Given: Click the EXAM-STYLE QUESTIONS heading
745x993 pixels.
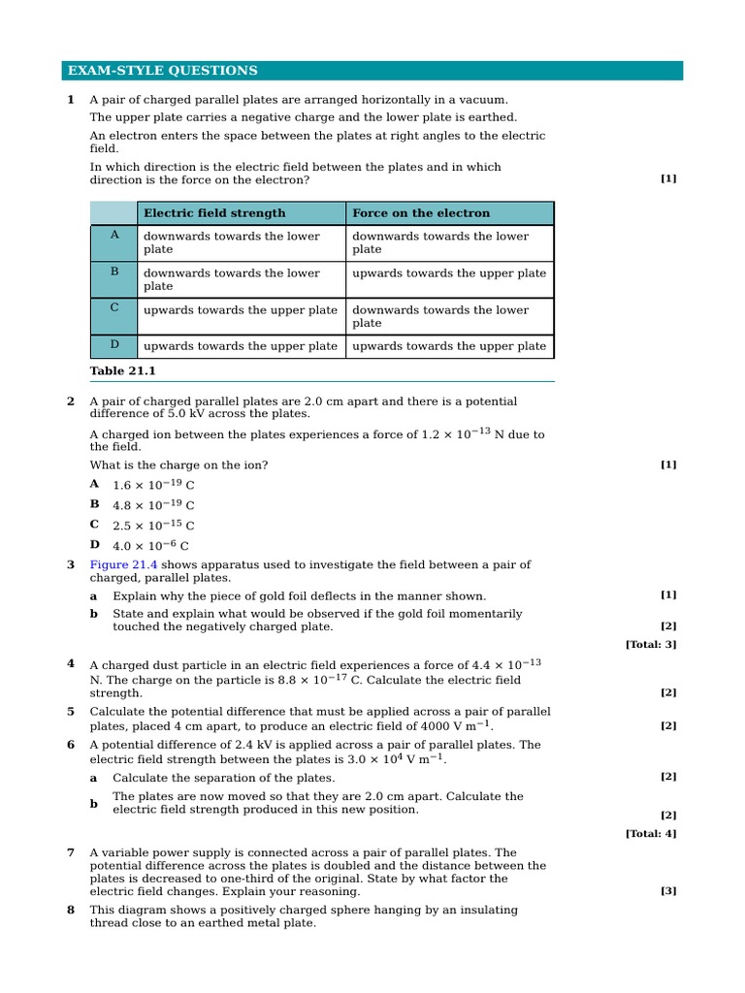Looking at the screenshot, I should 162,71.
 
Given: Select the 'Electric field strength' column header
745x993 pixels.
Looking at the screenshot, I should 214,213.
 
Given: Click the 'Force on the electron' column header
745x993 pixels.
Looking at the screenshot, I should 421,213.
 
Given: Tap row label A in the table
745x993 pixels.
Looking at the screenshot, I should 113,236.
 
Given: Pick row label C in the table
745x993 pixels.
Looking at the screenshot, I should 113,307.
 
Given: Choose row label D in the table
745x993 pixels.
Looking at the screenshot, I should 113,345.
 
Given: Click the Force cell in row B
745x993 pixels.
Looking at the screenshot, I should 448,273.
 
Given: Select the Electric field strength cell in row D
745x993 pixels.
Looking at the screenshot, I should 241,346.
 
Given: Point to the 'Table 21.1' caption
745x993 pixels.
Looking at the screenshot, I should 122,371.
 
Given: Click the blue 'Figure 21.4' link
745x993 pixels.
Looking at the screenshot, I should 123,564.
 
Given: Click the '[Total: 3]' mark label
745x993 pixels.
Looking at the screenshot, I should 651,644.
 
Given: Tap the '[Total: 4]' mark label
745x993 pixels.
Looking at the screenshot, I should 651,833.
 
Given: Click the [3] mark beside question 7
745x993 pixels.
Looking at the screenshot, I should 668,891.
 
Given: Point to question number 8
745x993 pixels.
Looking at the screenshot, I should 71,911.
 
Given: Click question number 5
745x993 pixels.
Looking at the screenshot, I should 71,712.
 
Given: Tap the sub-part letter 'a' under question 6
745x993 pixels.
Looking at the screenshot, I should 94,778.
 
